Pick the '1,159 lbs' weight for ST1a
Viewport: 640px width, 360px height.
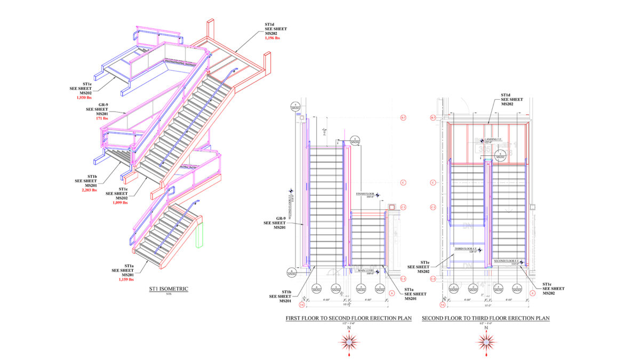[126, 279]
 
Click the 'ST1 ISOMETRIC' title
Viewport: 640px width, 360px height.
[169, 289]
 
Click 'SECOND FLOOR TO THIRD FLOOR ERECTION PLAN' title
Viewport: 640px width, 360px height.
[485, 318]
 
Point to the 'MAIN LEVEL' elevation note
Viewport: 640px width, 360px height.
[366, 271]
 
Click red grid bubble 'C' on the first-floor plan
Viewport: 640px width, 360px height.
[403, 182]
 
